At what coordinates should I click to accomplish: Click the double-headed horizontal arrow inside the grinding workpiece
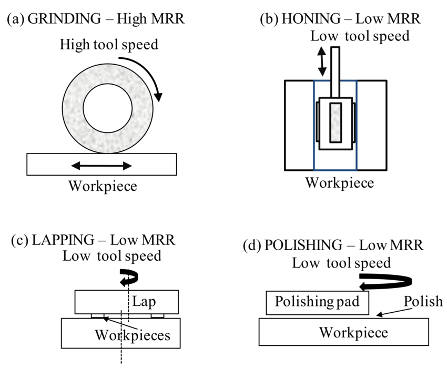(x=101, y=166)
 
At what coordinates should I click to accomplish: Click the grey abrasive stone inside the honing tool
(x=336, y=122)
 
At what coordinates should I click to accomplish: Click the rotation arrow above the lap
(x=128, y=277)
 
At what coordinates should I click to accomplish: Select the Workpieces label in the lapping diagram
(x=133, y=335)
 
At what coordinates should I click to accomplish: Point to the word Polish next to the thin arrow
(x=423, y=302)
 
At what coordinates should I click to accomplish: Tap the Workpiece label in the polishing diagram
(x=353, y=332)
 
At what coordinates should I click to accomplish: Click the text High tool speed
(x=108, y=44)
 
